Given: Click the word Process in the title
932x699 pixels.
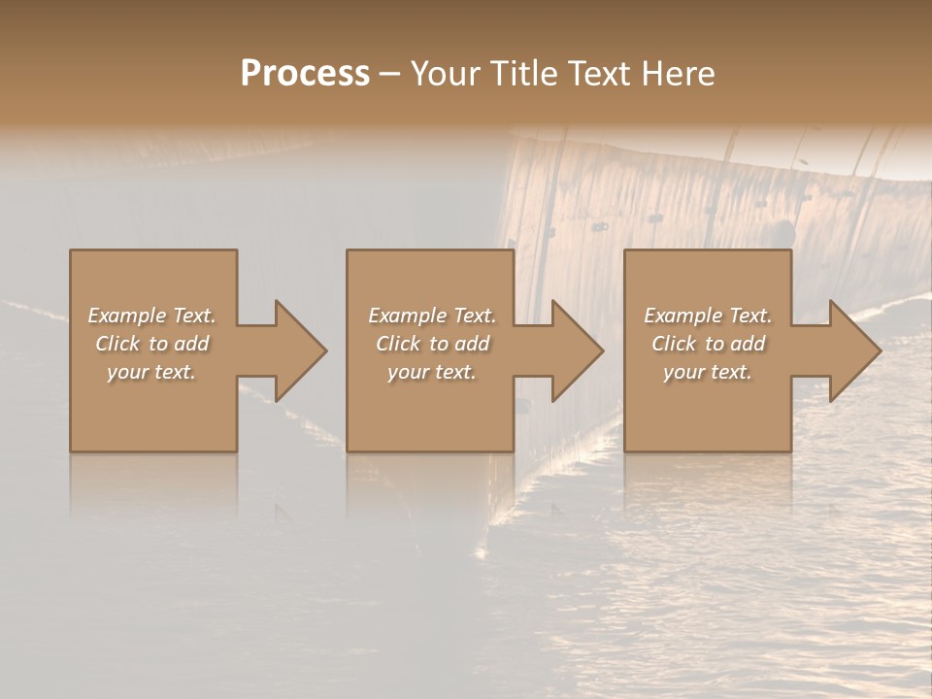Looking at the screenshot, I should [x=305, y=74].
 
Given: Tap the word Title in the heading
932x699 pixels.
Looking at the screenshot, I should [x=523, y=74].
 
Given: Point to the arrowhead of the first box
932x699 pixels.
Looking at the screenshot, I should [x=297, y=350].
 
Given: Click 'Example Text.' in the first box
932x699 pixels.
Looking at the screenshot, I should [x=151, y=316].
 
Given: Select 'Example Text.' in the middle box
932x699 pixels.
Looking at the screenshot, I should [x=432, y=316].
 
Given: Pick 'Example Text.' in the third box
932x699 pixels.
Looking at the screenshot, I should [x=708, y=316].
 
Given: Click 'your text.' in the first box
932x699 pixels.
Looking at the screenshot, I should [x=151, y=372].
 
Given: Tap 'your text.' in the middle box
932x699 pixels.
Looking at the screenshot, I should [x=432, y=372].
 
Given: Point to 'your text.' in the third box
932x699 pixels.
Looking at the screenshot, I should [x=708, y=372].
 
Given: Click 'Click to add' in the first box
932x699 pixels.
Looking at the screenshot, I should [x=151, y=344].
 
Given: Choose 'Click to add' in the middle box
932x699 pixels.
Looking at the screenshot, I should [x=432, y=344].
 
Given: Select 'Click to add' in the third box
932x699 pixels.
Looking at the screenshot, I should [x=708, y=344].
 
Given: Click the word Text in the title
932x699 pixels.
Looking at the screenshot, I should [x=598, y=74].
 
